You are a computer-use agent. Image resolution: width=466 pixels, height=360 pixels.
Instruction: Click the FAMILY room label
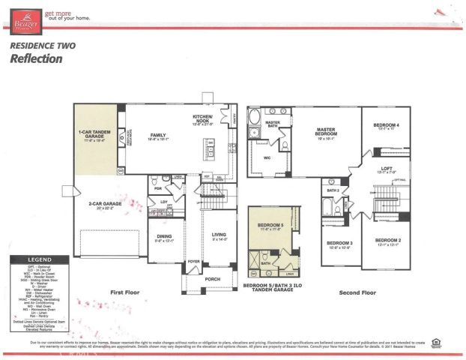[x=156, y=136]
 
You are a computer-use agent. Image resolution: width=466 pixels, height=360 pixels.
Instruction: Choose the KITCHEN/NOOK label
[x=203, y=119]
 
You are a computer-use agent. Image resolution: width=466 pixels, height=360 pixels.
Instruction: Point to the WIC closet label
[x=266, y=158]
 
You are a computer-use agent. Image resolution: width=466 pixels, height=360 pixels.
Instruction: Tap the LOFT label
[x=385, y=169]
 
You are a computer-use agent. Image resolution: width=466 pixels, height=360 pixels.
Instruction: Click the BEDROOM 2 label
[x=385, y=241]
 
